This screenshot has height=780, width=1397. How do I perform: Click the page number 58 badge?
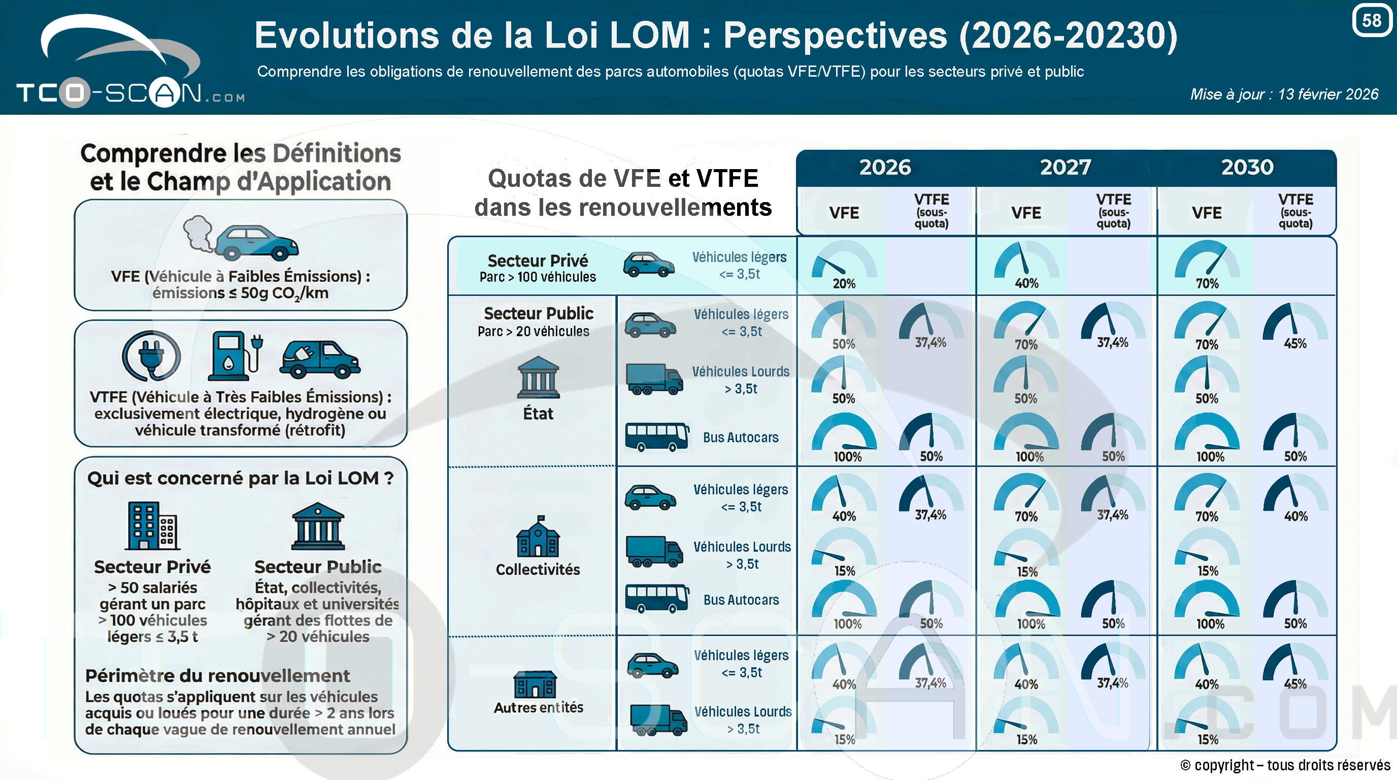click(x=1372, y=20)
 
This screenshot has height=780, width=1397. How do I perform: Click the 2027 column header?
click(x=1066, y=167)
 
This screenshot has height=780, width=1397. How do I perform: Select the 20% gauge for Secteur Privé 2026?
click(x=844, y=265)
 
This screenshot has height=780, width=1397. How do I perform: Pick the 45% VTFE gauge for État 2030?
click(x=1295, y=326)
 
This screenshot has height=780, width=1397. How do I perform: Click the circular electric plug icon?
click(x=151, y=356)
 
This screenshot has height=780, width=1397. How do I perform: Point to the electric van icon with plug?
click(x=319, y=359)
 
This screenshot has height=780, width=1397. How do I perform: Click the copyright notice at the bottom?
click(x=1285, y=765)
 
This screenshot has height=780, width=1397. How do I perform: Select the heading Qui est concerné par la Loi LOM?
click(x=240, y=478)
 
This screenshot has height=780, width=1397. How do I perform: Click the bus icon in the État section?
click(x=657, y=437)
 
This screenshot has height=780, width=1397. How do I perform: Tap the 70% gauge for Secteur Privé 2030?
click(x=1207, y=265)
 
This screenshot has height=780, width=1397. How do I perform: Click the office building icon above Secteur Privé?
click(x=152, y=526)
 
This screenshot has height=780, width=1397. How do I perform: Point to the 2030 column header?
click(x=1247, y=167)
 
